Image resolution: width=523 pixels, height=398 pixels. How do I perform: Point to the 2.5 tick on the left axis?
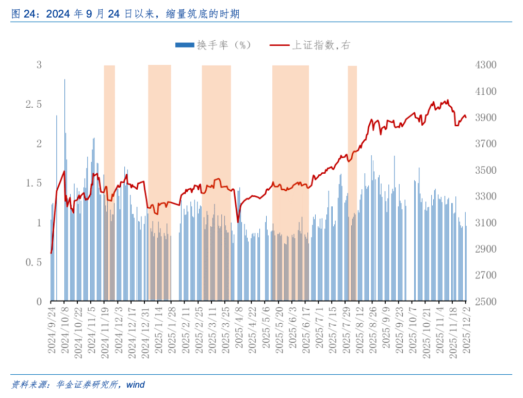pyautogui.click(x=34, y=104)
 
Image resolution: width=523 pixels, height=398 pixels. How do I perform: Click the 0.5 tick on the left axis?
pyautogui.click(x=34, y=262)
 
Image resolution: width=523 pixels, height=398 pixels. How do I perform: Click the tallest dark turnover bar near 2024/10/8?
pyautogui.click(x=64, y=80)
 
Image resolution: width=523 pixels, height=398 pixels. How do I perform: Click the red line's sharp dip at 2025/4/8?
pyautogui.click(x=238, y=222)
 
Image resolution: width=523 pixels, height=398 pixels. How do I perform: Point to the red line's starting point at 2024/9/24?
pyautogui.click(x=51, y=253)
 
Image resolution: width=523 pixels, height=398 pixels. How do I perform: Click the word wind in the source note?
pyautogui.click(x=136, y=385)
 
